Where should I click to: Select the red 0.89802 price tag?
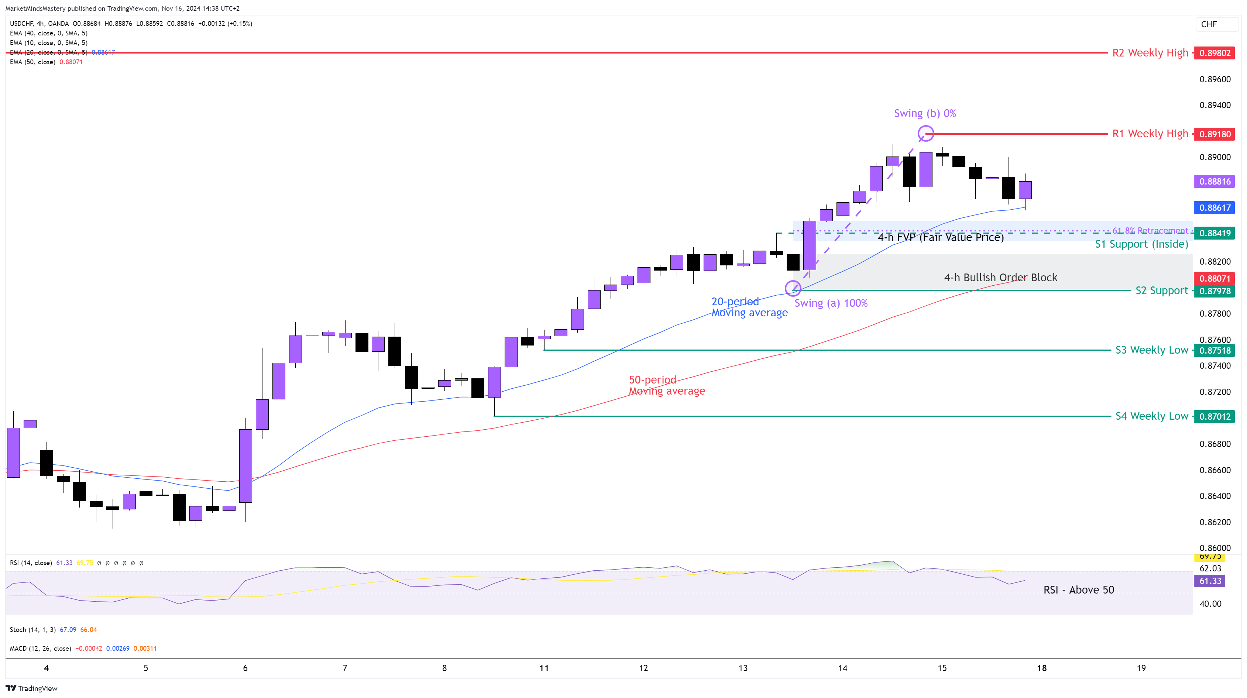point(1215,53)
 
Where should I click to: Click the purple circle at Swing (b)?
point(925,133)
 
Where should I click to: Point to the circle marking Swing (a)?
point(793,289)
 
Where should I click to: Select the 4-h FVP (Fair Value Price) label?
point(941,237)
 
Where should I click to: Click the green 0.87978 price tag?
point(1215,291)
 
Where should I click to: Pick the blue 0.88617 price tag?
point(1215,208)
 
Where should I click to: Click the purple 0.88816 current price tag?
point(1215,182)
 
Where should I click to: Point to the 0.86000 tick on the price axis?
point(1215,548)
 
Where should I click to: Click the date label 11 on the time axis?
point(544,668)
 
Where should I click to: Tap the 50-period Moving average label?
point(667,385)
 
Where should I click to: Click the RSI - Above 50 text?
point(1079,589)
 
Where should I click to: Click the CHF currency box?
point(1209,24)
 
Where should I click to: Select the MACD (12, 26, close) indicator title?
point(41,649)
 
